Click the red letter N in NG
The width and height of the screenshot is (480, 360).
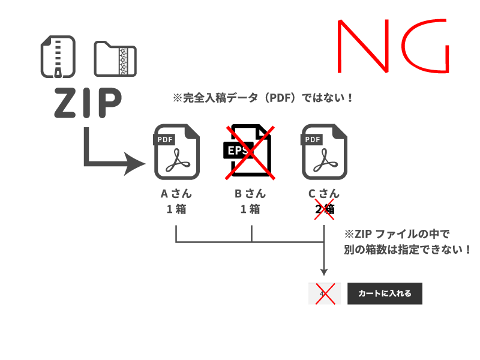point(360,47)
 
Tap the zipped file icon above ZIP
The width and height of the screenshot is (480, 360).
point(58,57)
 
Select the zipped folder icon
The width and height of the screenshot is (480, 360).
point(116,59)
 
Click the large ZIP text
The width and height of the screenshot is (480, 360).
point(88,103)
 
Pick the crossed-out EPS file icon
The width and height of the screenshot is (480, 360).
point(250,152)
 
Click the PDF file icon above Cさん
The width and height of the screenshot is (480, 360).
point(324,152)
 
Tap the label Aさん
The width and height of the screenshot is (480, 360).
point(176,194)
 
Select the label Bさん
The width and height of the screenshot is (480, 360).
point(250,194)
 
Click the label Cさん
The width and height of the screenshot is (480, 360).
point(324,194)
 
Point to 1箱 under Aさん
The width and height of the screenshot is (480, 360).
point(176,209)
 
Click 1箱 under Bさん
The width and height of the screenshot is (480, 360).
point(250,209)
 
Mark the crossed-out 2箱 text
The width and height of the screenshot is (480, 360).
point(324,209)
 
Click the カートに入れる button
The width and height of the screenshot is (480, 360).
point(385,293)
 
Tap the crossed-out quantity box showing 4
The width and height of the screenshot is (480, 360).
point(324,293)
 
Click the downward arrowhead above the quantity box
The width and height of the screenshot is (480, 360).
point(324,271)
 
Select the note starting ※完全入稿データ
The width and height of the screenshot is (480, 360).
point(263,98)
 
